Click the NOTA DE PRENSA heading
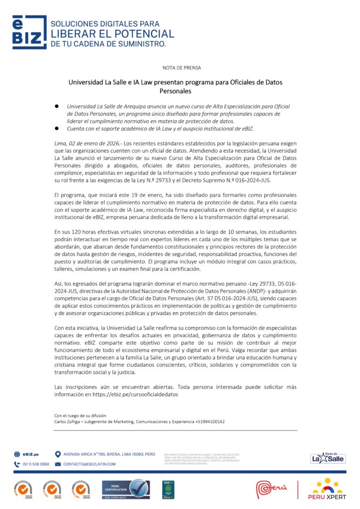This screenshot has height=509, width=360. point(181,68)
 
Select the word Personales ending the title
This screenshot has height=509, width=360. point(175,91)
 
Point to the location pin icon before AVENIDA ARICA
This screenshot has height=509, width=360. point(58,454)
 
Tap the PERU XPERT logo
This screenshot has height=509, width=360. point(327,490)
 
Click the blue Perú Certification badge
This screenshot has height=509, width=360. point(126,490)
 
